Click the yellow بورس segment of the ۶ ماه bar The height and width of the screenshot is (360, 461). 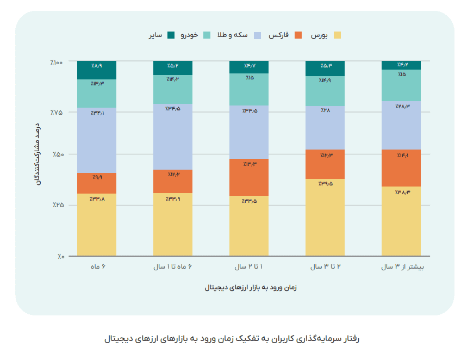(97, 225)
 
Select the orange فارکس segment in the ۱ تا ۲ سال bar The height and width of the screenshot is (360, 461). (249, 177)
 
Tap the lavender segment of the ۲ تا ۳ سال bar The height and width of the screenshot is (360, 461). (325, 128)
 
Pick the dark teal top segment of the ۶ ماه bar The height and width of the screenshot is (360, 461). (97, 70)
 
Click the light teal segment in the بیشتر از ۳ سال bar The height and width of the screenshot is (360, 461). (401, 85)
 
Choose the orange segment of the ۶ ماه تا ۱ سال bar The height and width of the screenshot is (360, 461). (173, 181)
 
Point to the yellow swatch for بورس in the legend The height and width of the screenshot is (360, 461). (338, 35)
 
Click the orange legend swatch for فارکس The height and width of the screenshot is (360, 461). (298, 35)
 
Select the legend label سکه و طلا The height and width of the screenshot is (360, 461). (233, 35)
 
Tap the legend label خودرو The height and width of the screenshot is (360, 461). (189, 35)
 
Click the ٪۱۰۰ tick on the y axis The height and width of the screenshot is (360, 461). (57, 63)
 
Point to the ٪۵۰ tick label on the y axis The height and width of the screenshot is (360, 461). (58, 155)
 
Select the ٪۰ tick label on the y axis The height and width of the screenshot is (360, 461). (59, 256)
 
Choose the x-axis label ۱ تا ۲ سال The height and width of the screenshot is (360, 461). (249, 267)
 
